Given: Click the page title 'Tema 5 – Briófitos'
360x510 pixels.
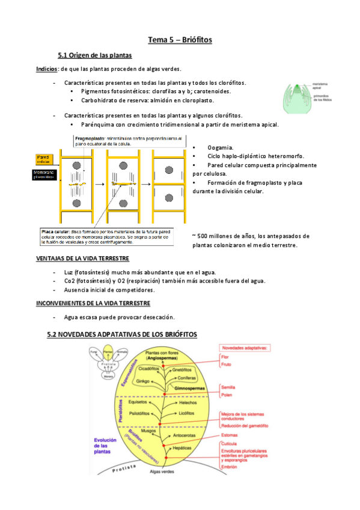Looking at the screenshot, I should (x=180, y=40).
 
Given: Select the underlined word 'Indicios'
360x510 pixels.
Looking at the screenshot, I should (x=47, y=69).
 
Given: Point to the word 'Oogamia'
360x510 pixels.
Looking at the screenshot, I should (x=221, y=148).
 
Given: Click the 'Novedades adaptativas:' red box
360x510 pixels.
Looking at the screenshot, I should (x=246, y=347).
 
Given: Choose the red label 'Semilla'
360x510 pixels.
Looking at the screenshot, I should (x=228, y=387).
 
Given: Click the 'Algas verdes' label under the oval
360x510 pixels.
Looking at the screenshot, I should (x=162, y=472).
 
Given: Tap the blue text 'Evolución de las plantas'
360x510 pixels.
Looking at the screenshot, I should (x=108, y=446).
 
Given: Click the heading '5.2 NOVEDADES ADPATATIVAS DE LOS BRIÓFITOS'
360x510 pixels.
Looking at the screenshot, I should (x=122, y=334).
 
